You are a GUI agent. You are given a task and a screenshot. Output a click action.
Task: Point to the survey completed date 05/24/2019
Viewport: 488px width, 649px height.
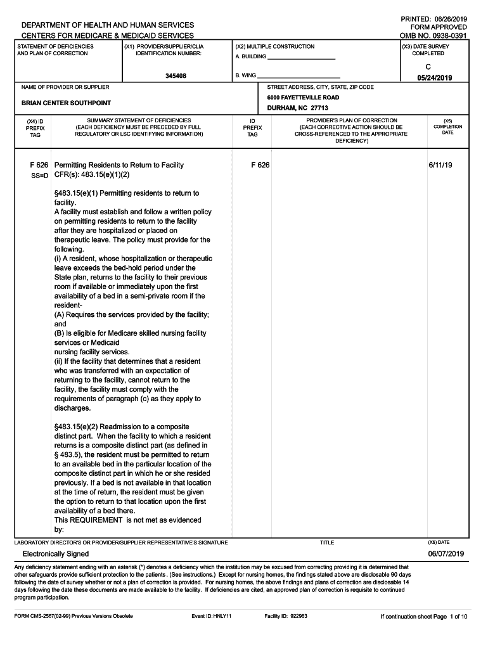tap(434, 78)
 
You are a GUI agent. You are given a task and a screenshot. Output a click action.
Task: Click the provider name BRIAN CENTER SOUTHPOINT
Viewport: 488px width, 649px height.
tap(66, 103)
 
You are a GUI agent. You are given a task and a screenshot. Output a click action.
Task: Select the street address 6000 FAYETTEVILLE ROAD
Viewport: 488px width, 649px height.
tap(303, 98)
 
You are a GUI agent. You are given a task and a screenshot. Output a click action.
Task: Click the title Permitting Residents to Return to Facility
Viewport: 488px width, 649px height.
tap(119, 165)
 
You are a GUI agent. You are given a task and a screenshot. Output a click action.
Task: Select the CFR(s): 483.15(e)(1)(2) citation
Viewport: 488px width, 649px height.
tap(92, 174)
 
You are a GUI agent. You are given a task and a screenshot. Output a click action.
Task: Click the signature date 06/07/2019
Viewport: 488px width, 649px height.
tap(446, 554)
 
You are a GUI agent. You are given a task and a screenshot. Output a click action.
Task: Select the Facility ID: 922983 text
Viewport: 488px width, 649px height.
tap(286, 616)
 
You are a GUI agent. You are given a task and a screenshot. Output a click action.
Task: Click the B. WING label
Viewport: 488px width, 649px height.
tap(245, 75)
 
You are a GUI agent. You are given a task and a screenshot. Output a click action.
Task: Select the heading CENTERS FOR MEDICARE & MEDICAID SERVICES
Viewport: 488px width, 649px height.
tap(108, 36)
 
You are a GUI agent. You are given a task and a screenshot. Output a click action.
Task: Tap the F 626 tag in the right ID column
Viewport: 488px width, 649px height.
tap(260, 165)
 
